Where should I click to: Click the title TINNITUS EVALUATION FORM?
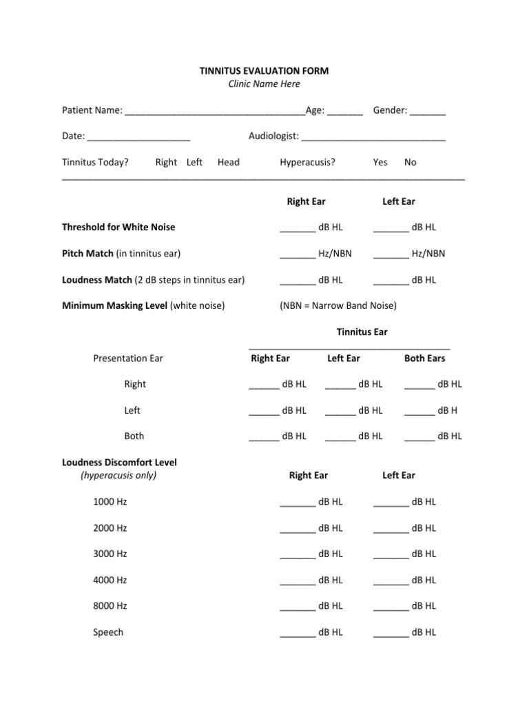[x=264, y=71]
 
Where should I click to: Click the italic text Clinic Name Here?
[x=264, y=84]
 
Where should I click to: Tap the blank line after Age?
[x=345, y=112]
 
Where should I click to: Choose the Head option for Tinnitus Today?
[x=229, y=163]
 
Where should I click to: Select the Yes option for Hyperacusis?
[x=380, y=163]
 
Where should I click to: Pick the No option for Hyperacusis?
[x=411, y=163]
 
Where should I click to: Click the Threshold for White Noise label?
[x=118, y=228]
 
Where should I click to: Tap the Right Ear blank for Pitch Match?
[x=298, y=255]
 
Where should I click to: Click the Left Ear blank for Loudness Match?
[x=391, y=281]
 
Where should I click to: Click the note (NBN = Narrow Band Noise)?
[x=338, y=305]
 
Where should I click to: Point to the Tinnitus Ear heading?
[x=362, y=332]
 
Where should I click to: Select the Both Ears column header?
[x=424, y=359]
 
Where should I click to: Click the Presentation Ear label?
[x=128, y=359]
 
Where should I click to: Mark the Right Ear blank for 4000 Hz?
[x=298, y=582]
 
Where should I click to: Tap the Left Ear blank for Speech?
[x=391, y=634]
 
